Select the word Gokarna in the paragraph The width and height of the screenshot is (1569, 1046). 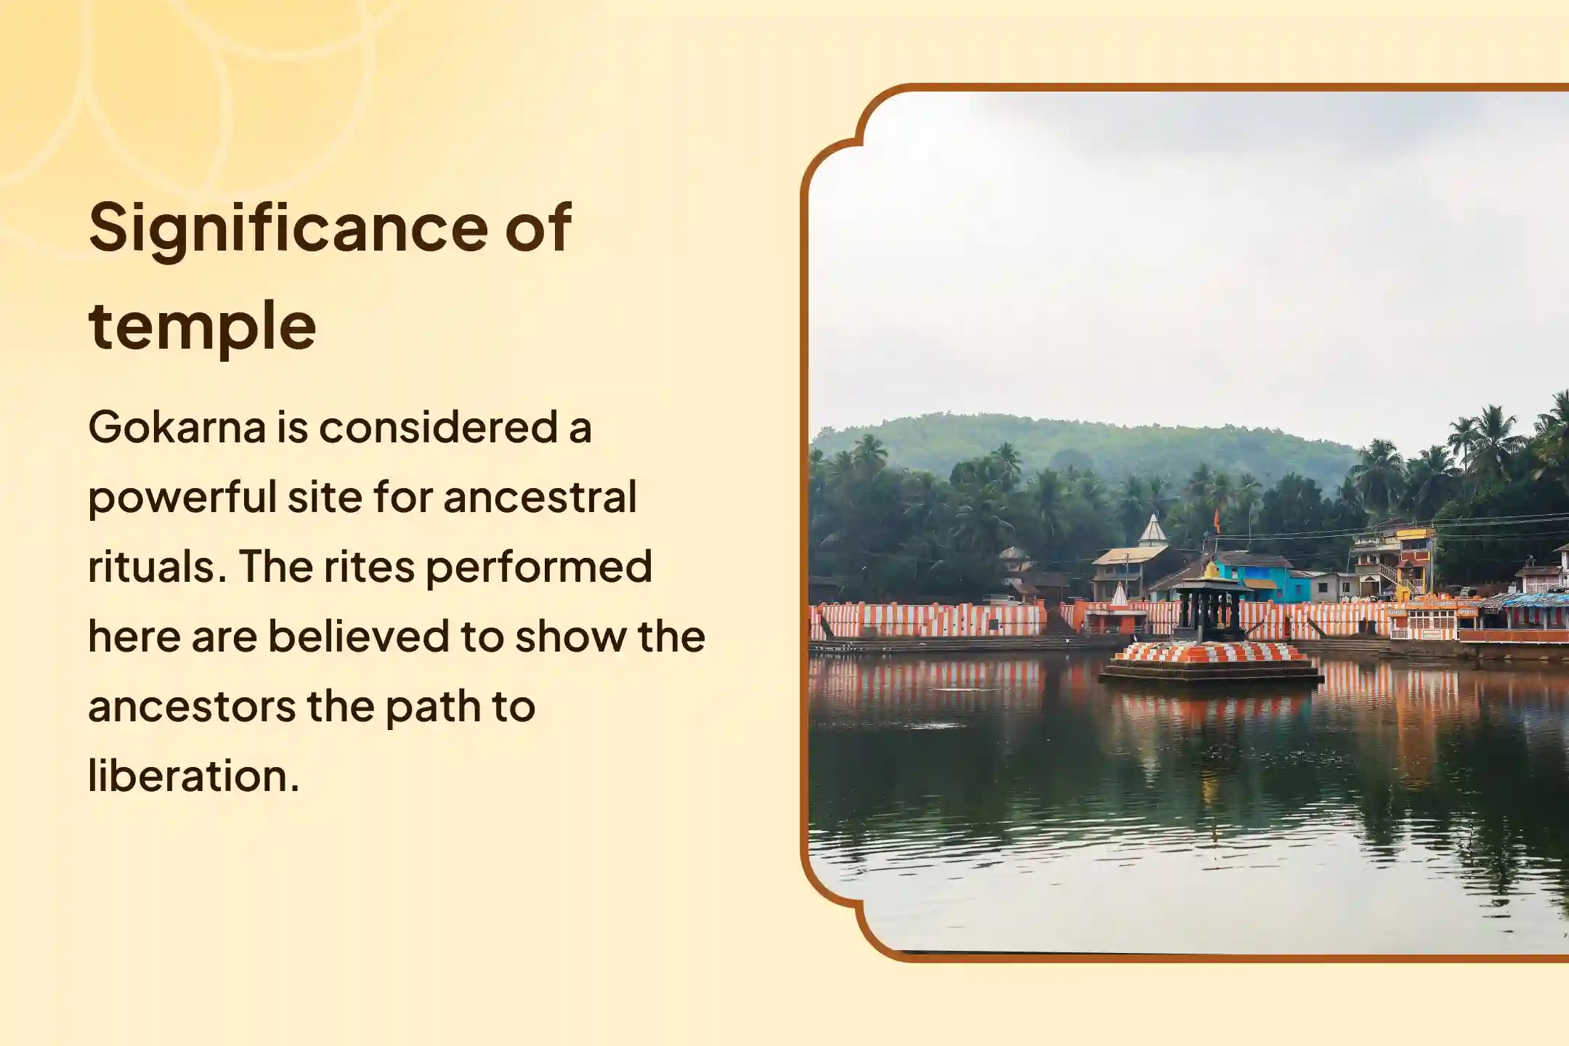[177, 427]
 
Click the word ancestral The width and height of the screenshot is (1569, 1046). [540, 497]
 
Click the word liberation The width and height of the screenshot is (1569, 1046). [194, 776]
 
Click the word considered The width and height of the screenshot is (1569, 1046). [438, 427]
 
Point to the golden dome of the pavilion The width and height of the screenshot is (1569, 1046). [1211, 569]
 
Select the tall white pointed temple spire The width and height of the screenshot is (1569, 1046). [1152, 530]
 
